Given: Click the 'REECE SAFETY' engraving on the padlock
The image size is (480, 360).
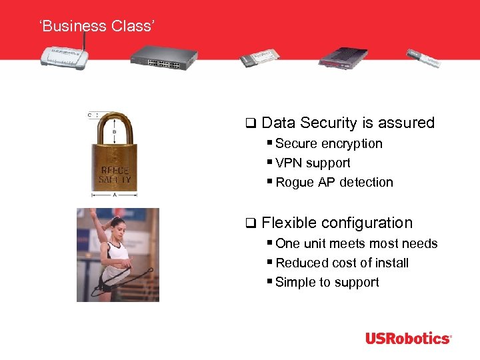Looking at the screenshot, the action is tap(115, 175).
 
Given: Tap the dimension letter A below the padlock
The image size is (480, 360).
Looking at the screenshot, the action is tap(115, 195).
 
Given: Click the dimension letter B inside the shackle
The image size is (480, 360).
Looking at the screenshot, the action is tap(115, 132).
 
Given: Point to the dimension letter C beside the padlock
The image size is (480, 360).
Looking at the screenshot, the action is tap(89, 115).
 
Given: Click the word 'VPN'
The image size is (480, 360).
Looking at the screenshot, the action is tap(288, 163).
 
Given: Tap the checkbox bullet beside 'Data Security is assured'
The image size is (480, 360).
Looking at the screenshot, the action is tap(250, 123).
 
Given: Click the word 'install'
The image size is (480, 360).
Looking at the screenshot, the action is tap(391, 263).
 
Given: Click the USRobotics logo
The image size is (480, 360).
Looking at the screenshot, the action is tap(408, 339).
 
